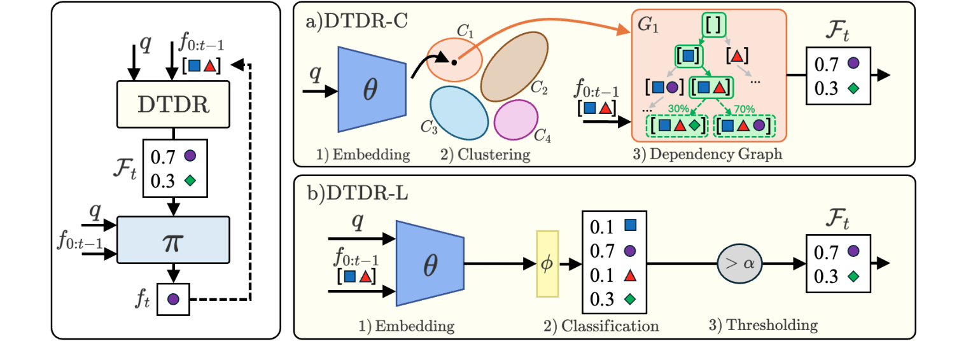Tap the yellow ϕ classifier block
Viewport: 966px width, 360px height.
point(547,263)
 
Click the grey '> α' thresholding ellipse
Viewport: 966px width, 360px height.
point(739,263)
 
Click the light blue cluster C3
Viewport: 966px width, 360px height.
point(459,111)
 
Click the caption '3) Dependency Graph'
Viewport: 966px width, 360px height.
point(708,154)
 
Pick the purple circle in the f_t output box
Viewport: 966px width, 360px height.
point(173,298)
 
